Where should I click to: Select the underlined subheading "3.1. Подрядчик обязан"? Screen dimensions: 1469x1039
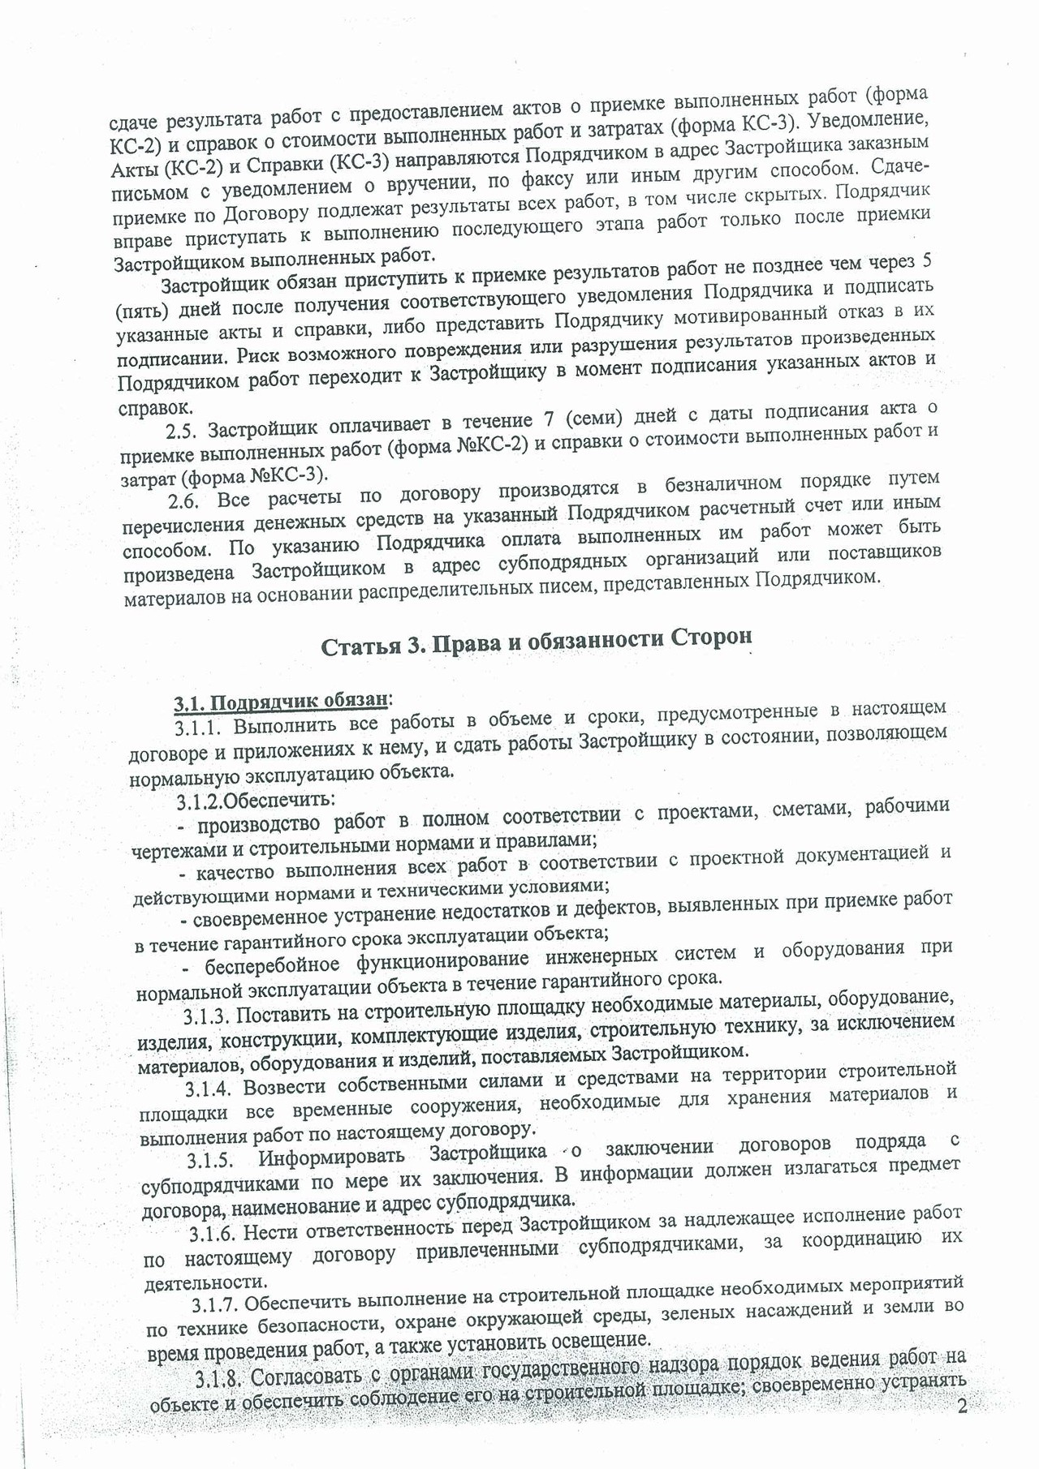[x=281, y=698]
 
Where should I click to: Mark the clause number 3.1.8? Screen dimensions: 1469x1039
[x=219, y=1379]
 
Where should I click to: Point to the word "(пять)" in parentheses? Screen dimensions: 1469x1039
[x=140, y=311]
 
